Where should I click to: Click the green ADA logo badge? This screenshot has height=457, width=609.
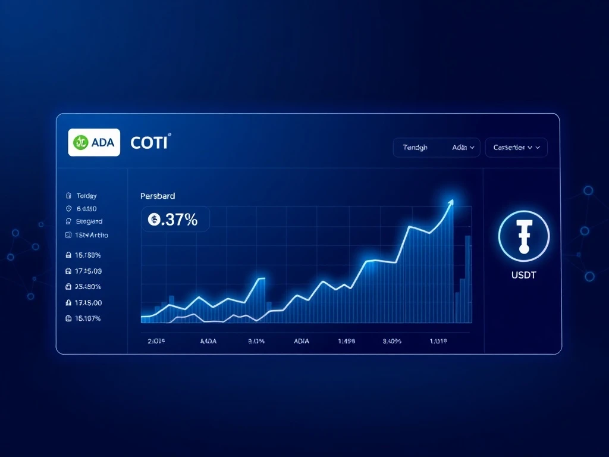tap(94, 142)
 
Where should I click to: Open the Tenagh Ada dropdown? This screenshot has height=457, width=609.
tap(437, 148)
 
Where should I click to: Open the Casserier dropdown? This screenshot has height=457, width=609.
tap(516, 148)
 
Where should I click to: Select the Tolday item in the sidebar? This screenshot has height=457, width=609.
tap(86, 195)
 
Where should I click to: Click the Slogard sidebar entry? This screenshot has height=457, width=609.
tap(89, 221)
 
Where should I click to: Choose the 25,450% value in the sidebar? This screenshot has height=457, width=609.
tap(89, 286)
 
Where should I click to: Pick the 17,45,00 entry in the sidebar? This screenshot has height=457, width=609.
tap(89, 302)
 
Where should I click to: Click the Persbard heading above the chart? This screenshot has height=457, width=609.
tap(158, 195)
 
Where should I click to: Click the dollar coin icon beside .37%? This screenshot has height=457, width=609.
tap(153, 220)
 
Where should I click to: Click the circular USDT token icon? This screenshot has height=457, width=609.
tap(523, 236)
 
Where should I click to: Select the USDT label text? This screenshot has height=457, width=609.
tap(523, 276)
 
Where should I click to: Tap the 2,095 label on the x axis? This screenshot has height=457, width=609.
tap(156, 342)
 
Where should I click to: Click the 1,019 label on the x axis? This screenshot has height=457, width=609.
tap(438, 342)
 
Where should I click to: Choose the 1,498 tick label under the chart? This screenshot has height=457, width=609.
tap(346, 342)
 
